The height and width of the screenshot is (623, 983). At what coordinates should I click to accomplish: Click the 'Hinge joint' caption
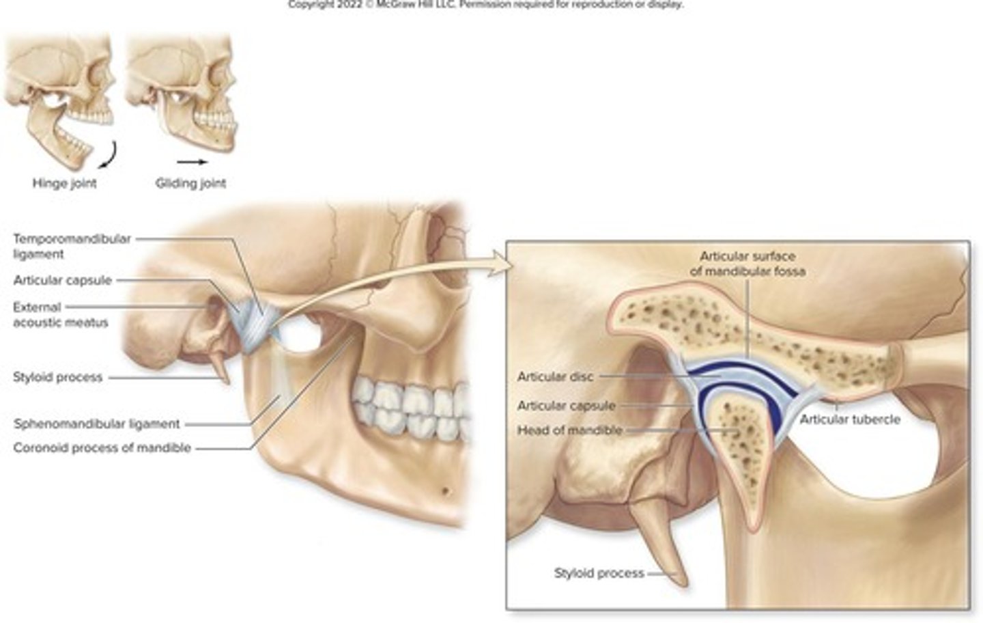[x=64, y=183]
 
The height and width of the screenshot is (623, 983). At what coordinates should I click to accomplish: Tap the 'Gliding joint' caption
[x=190, y=183]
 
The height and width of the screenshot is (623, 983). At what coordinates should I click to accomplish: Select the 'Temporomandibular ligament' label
[x=72, y=246]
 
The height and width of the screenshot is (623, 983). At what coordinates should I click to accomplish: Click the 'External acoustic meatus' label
[x=60, y=314]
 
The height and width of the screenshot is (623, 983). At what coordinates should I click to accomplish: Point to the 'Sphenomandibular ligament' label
[x=97, y=424]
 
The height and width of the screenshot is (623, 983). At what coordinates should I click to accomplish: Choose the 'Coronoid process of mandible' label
[x=102, y=448]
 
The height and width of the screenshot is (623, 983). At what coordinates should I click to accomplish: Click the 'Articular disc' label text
[x=555, y=376]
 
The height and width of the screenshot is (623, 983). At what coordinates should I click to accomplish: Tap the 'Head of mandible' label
[x=569, y=430]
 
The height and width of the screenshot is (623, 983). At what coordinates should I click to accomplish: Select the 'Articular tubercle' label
[x=850, y=419]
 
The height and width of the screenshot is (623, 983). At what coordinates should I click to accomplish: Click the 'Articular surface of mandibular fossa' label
[x=747, y=264]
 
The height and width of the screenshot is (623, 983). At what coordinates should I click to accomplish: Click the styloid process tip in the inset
[x=682, y=583]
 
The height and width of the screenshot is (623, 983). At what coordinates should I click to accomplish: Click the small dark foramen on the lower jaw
[x=444, y=490]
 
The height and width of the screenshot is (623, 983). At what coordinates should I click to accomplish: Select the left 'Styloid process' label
[x=57, y=377]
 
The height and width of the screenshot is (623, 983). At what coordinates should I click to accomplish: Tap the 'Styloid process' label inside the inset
[x=599, y=573]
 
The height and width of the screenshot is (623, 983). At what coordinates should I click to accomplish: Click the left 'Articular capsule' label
[x=62, y=280]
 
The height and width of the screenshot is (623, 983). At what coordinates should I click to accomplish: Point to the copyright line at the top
[x=485, y=4]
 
